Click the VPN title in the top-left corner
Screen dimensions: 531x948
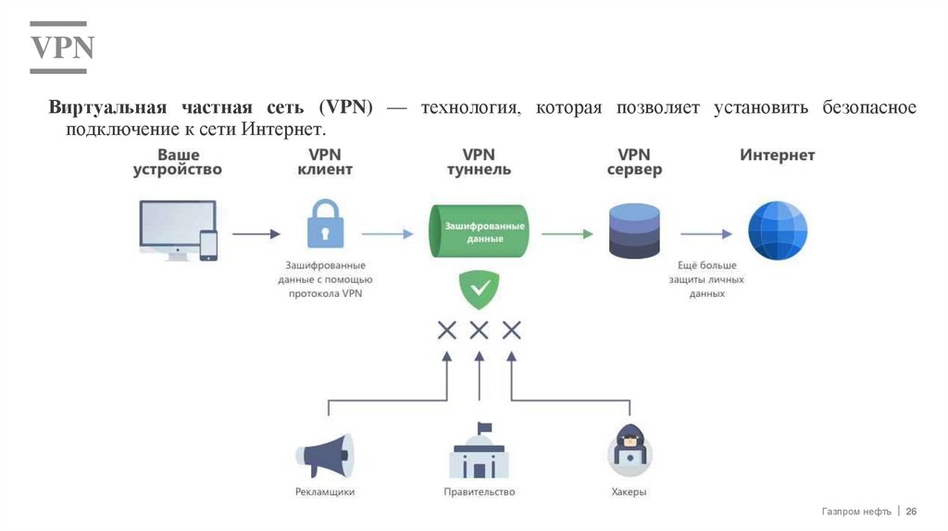pyautogui.click(x=63, y=48)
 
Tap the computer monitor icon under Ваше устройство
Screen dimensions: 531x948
pyautogui.click(x=176, y=227)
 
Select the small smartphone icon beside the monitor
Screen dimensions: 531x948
pyautogui.click(x=208, y=244)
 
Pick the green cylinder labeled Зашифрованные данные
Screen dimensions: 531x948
pyautogui.click(x=478, y=231)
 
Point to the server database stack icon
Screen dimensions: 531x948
pyautogui.click(x=634, y=231)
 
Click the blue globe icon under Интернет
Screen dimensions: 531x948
pyautogui.click(x=778, y=230)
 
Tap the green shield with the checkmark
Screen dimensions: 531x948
pyautogui.click(x=480, y=290)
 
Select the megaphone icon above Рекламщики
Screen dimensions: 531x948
pyautogui.click(x=324, y=453)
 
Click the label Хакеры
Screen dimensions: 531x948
pyautogui.click(x=629, y=492)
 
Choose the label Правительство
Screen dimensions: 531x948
pyautogui.click(x=479, y=492)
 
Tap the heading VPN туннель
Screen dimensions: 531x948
pyautogui.click(x=479, y=162)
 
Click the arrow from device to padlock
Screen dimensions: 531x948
pyautogui.click(x=256, y=234)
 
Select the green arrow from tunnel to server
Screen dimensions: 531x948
pyautogui.click(x=567, y=234)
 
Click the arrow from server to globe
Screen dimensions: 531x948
pyautogui.click(x=707, y=234)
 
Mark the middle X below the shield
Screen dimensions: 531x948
pyautogui.click(x=479, y=329)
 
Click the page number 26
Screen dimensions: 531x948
pyautogui.click(x=911, y=512)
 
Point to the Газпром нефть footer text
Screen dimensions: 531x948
pyautogui.click(x=855, y=512)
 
